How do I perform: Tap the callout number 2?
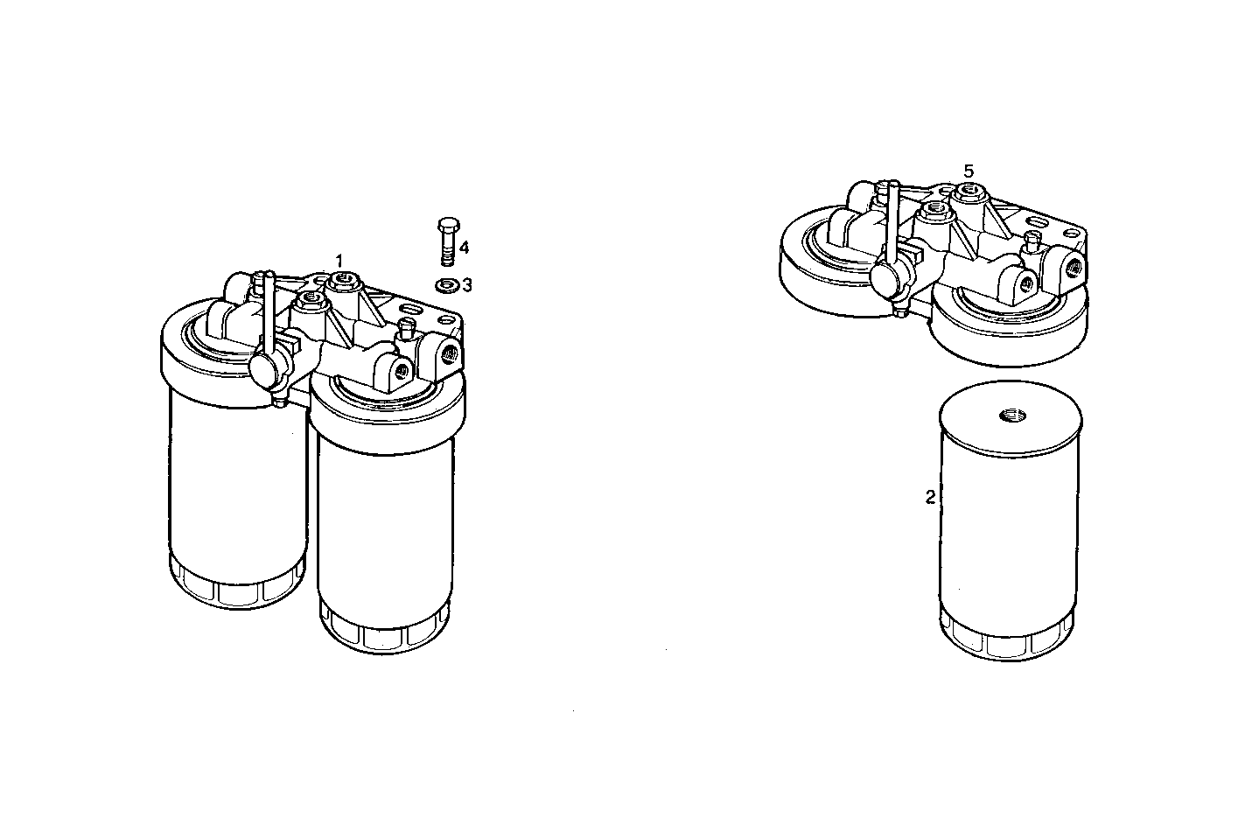(930, 497)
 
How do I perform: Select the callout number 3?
(467, 284)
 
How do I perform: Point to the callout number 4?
(464, 248)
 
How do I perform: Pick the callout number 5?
(968, 171)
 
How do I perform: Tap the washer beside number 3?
(446, 284)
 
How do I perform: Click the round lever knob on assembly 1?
(263, 368)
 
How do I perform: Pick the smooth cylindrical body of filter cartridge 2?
(1010, 525)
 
